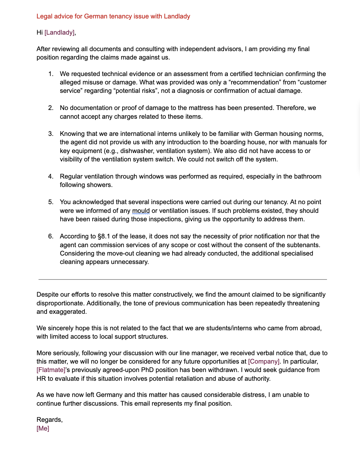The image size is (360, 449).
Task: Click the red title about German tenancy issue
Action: [113, 16]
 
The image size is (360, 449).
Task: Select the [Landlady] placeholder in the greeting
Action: [59, 32]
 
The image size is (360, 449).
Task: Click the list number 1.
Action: [51, 74]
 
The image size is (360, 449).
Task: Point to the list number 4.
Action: [51, 176]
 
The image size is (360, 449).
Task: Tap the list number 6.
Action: [51, 236]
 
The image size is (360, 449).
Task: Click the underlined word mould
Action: [141, 211]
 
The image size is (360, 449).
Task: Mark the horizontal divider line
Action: [183, 279]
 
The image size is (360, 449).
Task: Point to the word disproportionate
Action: [60, 303]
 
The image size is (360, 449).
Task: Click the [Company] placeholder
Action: [264, 361]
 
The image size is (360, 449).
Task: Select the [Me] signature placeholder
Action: [43, 428]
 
